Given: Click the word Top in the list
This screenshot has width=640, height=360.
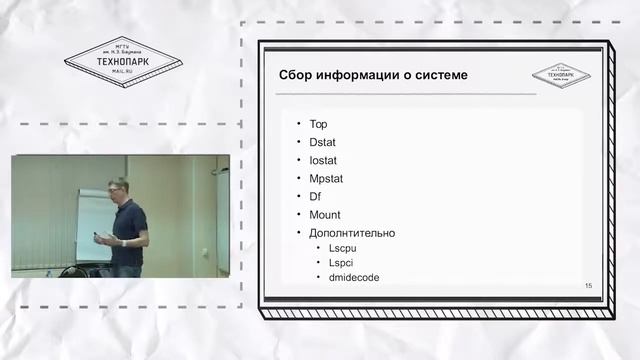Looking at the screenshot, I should (x=319, y=125).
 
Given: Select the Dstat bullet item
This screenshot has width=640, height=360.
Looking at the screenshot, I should (x=324, y=143).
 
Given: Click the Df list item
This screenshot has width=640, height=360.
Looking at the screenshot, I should (x=315, y=197).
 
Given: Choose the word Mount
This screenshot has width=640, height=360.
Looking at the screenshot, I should (x=325, y=215).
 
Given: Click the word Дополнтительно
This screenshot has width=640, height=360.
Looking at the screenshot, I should (x=352, y=233).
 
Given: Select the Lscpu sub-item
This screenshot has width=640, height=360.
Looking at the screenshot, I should (x=343, y=248).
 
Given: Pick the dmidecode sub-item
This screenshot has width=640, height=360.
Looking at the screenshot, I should (x=354, y=277).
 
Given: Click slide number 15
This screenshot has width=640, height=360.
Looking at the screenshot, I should (x=588, y=287).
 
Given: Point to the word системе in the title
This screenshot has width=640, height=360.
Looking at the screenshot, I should (x=441, y=76).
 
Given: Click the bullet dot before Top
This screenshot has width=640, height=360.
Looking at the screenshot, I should (x=297, y=125).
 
